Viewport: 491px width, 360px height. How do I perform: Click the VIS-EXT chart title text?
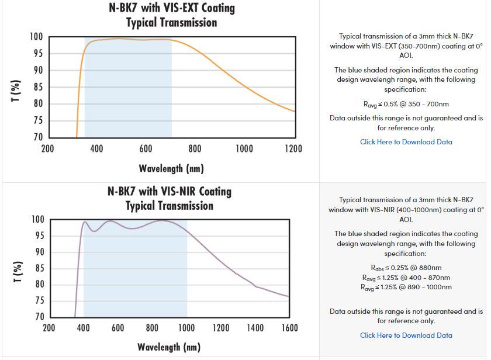click(171, 15)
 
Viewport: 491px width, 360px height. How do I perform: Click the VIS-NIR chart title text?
click(170, 198)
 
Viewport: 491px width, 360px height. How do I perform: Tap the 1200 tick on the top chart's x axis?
click(293, 148)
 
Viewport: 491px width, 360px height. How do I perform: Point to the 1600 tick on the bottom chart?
click(289, 328)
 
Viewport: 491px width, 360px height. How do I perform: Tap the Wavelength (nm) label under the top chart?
click(171, 168)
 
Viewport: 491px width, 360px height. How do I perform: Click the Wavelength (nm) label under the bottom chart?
click(169, 347)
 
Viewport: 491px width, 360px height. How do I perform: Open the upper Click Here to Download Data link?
click(406, 141)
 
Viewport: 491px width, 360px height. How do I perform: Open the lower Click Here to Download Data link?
click(406, 335)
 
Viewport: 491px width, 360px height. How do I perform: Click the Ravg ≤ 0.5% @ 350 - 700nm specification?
click(406, 104)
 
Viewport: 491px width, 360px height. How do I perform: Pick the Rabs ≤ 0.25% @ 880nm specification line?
click(406, 268)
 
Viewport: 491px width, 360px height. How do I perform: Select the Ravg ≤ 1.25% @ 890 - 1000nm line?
click(406, 287)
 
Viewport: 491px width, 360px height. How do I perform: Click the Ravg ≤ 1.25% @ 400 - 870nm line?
click(406, 278)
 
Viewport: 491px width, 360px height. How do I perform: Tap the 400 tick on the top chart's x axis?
click(97, 148)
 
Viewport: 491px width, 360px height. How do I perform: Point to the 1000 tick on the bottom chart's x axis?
click(186, 328)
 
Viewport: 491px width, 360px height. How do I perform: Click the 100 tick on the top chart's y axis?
click(36, 37)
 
